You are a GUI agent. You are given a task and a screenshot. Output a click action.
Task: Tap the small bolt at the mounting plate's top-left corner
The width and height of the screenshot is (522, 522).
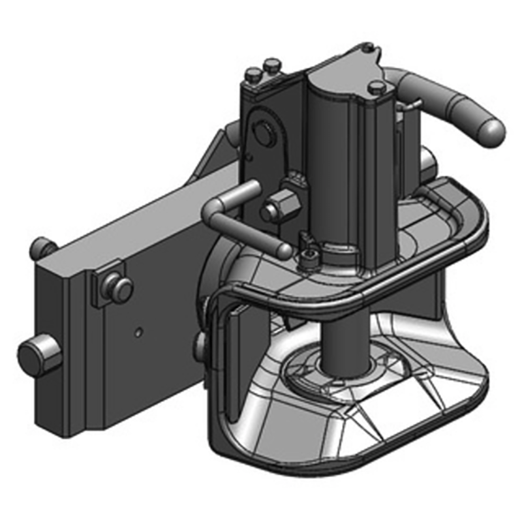(x=42, y=247)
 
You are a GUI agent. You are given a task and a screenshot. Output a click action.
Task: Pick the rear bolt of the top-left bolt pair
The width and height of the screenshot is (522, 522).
(x=270, y=65)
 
